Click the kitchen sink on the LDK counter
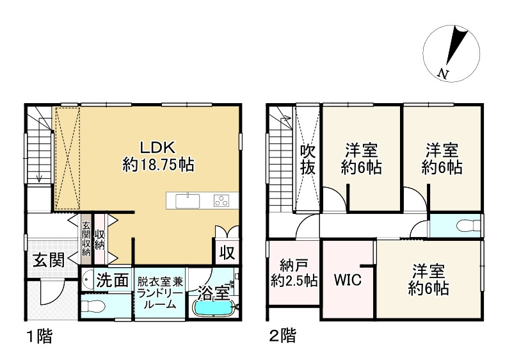(x=187, y=200)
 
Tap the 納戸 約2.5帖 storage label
(x=292, y=272)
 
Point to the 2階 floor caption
(x=281, y=335)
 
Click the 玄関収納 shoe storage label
(x=86, y=238)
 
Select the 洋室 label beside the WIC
(x=429, y=279)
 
